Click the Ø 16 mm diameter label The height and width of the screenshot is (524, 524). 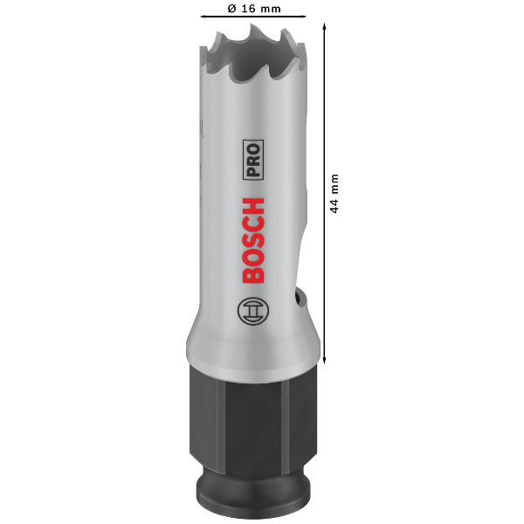(254, 9)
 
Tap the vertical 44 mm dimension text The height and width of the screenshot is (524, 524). (334, 193)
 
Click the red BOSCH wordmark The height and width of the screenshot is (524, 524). (253, 241)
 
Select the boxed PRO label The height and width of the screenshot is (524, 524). (253, 160)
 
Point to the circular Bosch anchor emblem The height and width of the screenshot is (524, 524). (253, 311)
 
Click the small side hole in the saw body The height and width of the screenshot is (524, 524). (297, 299)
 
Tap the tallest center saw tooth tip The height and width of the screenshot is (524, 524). (252, 25)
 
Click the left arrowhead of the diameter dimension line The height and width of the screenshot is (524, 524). (203, 16)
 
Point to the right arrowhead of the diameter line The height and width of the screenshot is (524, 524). (304, 16)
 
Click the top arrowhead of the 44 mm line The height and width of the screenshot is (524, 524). (324, 25)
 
